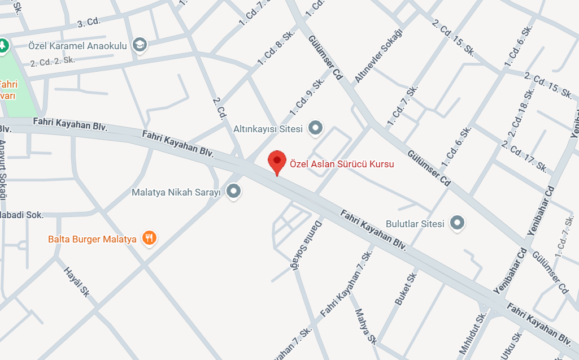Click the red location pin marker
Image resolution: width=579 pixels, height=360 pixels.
276,162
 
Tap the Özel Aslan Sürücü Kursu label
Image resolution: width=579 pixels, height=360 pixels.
342,164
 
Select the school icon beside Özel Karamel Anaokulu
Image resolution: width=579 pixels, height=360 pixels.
139,45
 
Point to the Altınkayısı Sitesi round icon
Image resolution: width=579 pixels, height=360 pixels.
315,128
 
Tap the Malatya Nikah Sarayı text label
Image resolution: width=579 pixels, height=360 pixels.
175,192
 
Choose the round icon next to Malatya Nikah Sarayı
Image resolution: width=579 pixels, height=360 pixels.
233,192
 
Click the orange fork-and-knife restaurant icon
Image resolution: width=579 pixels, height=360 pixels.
149,238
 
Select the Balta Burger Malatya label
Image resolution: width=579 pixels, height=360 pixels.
92,239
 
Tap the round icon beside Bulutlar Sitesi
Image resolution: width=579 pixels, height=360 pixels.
457,223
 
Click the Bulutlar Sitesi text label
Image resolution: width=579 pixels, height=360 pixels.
415,223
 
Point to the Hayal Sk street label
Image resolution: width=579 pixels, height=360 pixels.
77,281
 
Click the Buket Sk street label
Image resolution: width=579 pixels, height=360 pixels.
406,289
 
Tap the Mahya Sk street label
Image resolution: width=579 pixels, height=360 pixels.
365,327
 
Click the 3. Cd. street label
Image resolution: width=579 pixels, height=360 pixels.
88,23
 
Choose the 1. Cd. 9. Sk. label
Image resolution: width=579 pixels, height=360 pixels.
307,97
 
